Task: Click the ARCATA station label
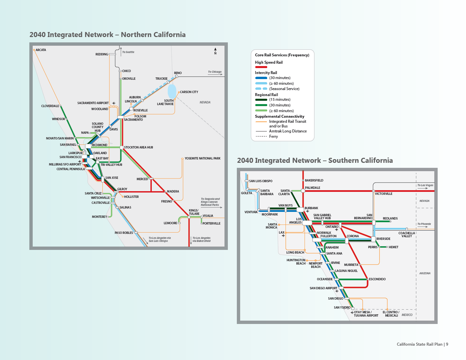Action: pyautogui.click(x=41, y=50)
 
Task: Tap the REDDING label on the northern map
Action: pyautogui.click(x=102, y=54)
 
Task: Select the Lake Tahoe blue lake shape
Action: pyautogui.click(x=172, y=91)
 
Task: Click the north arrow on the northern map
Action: pyautogui.click(x=215, y=51)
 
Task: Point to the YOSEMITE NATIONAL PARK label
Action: pyautogui.click(x=202, y=158)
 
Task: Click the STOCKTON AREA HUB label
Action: pyautogui.click(x=138, y=147)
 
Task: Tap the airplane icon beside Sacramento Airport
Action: pyautogui.click(x=114, y=103)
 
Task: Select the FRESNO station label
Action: pyautogui.click(x=166, y=202)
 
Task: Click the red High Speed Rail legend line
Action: pyautogui.click(x=261, y=67)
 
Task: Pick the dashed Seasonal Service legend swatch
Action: pyautogui.click(x=261, y=89)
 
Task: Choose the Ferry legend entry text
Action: pyautogui.click(x=274, y=136)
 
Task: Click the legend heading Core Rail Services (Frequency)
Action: pyautogui.click(x=282, y=55)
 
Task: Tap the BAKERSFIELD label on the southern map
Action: pyautogui.click(x=314, y=181)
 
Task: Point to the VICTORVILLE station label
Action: pyautogui.click(x=384, y=194)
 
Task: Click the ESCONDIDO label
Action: pyautogui.click(x=377, y=279)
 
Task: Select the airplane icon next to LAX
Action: pyautogui.click(x=283, y=236)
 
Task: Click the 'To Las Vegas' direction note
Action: pyautogui.click(x=425, y=185)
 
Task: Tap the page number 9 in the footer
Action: pyautogui.click(x=447, y=344)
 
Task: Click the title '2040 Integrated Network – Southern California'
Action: pyautogui.click(x=315, y=160)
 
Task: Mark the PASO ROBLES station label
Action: pyautogui.click(x=124, y=233)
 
